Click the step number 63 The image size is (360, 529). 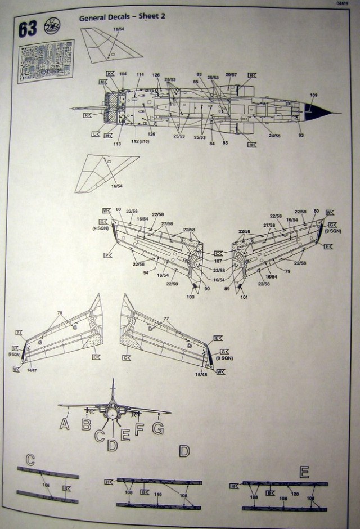click(x=27, y=28)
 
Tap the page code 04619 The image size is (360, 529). click(x=341, y=3)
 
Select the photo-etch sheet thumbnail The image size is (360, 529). click(x=45, y=61)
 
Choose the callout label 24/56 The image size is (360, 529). click(x=274, y=135)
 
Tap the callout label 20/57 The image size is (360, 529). click(x=231, y=74)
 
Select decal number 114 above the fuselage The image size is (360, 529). click(x=139, y=74)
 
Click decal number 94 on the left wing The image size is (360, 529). click(x=146, y=272)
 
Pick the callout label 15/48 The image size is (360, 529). click(x=201, y=374)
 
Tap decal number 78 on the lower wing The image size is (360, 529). click(x=60, y=312)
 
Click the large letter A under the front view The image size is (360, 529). click(x=65, y=423)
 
